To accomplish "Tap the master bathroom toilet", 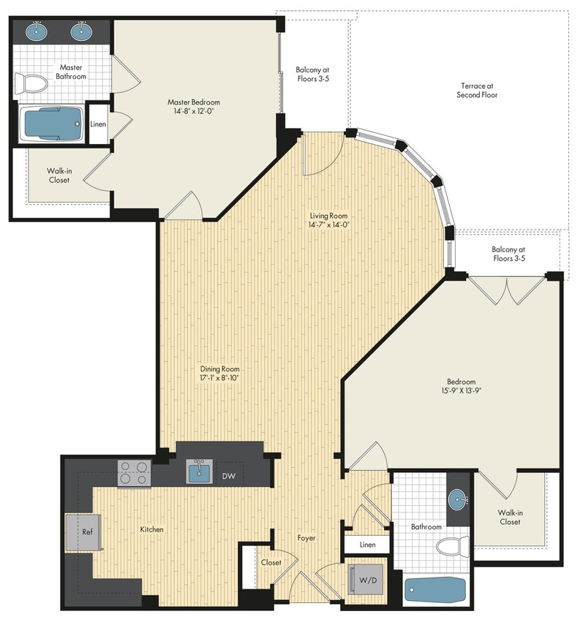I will pos(30,83).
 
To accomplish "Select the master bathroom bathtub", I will pos(52,124).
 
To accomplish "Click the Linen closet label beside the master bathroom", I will pos(98,124).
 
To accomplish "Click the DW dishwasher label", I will pos(229,476).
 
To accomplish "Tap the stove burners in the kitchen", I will pos(135,473).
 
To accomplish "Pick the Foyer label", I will pos(306,538).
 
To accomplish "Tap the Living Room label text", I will pos(328,216).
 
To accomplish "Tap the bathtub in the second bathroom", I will pos(435,589).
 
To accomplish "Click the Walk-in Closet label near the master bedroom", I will pos(59,175).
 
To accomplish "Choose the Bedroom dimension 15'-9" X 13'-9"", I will pos(462,391).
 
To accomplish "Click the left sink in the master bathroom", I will pos(35,31).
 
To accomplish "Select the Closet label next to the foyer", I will pos(271,562).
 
